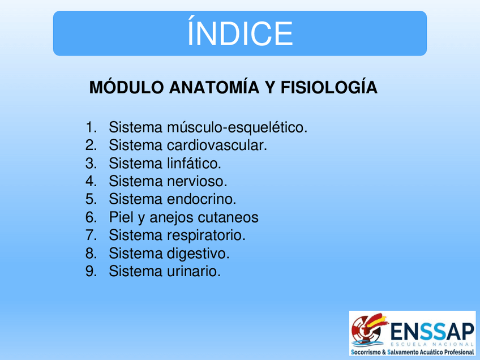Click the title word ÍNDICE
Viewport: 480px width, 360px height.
[x=240, y=32]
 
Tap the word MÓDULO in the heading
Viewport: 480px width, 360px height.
[x=126, y=87]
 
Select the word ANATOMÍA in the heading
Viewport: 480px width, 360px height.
[x=215, y=87]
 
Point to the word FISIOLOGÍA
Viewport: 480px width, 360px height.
[x=329, y=87]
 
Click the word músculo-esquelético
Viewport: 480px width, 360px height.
[x=237, y=127]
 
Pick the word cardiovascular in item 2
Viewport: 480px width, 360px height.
[x=217, y=145]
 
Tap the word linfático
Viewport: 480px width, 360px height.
[x=194, y=163]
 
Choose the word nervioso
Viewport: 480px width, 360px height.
[x=197, y=181]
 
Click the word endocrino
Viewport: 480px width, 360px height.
[x=202, y=199]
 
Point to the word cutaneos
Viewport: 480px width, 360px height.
[x=228, y=217]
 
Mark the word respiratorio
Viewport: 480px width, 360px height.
[x=206, y=235]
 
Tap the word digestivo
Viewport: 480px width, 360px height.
[x=198, y=254]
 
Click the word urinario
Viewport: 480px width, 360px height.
[x=194, y=271]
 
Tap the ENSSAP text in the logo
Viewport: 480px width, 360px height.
[x=432, y=332]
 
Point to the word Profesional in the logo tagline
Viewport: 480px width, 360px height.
[x=460, y=352]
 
